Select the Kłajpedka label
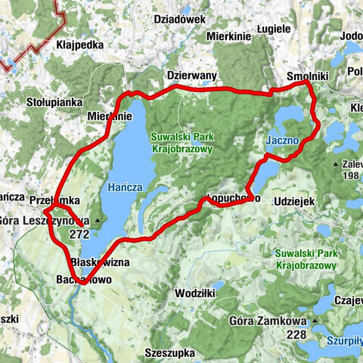(79, 45)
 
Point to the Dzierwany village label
(191, 76)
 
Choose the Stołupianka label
(57, 99)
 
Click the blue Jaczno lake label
(283, 141)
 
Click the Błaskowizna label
(99, 262)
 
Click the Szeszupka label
(170, 352)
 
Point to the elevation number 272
(78, 234)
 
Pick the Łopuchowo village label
(233, 198)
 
